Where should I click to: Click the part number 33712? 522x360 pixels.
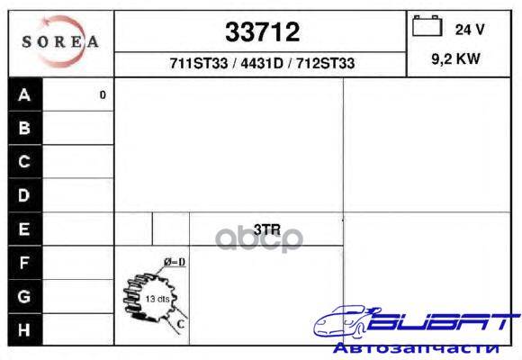[262, 32]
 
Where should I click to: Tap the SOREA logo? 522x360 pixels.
[60, 41]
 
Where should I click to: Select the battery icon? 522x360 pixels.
[427, 25]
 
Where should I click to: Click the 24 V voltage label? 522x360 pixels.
[470, 30]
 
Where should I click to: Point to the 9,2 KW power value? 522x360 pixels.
[455, 58]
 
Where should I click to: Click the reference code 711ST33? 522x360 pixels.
[199, 63]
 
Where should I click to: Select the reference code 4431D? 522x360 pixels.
[262, 63]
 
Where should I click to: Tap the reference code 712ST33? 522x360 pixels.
[325, 63]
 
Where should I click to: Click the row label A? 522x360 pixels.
[24, 94]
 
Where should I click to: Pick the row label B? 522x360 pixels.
[24, 128]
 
